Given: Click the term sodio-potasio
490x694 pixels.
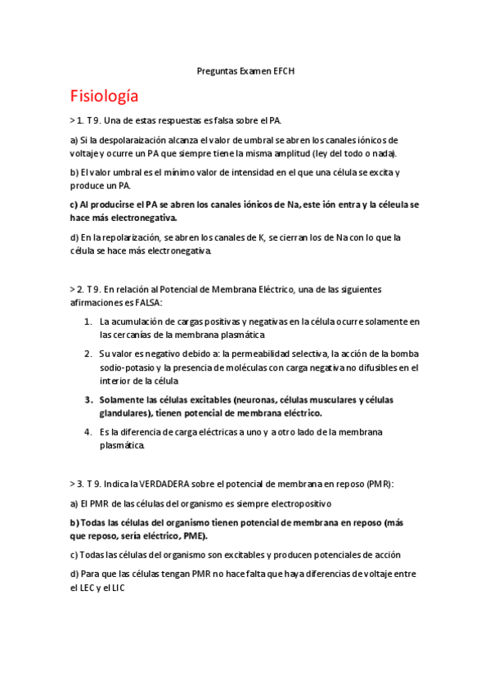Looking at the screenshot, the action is click(x=124, y=368).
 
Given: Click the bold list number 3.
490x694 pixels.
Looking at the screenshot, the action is click(x=88, y=400).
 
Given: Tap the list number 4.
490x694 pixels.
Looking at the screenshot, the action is click(x=88, y=432).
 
